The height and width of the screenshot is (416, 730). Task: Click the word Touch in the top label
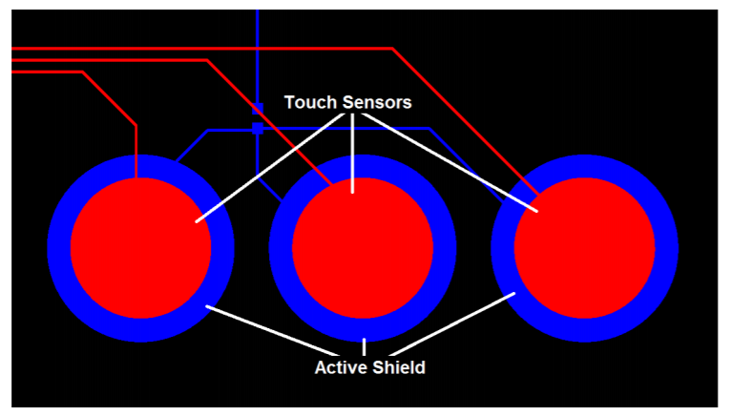tap(306, 102)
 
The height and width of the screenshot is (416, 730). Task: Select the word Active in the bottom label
tap(341, 367)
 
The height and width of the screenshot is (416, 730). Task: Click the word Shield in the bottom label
tap(399, 367)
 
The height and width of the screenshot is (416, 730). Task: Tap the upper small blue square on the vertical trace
tap(257, 109)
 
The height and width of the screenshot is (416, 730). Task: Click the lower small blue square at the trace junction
tap(257, 129)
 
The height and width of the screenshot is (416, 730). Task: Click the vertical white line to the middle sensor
tap(353, 153)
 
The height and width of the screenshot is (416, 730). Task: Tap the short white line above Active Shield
tap(364, 346)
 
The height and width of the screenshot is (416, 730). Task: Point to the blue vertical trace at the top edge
tap(257, 38)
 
